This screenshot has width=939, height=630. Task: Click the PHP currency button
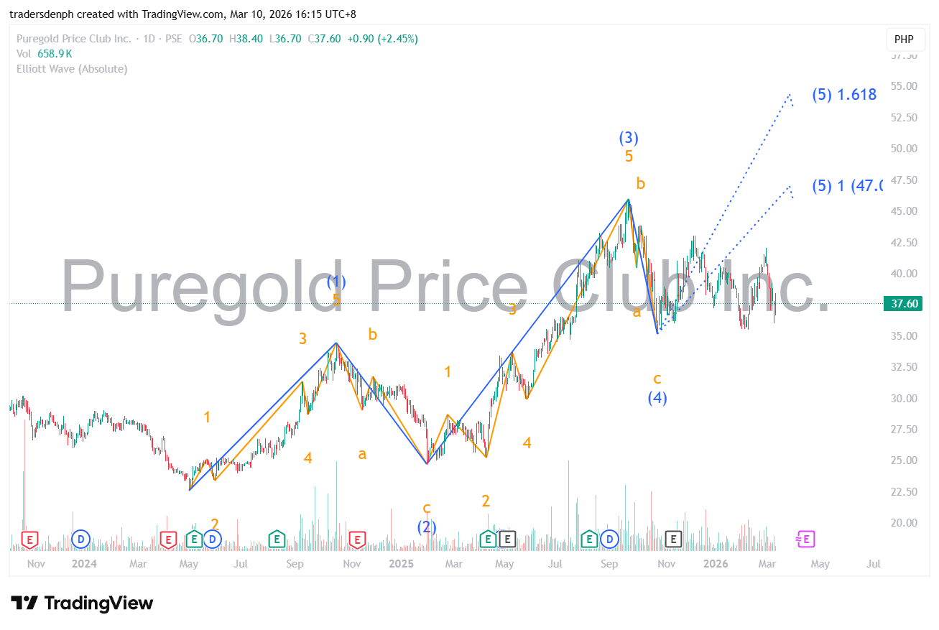tap(904, 39)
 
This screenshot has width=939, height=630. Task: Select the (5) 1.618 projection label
tap(844, 94)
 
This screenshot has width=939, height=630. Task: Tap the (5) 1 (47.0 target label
tap(846, 186)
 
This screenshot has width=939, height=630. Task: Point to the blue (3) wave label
tap(629, 138)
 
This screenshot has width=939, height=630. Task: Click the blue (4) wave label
tap(657, 397)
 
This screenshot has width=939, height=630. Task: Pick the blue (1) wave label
tap(336, 282)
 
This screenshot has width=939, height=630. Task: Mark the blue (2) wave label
tap(427, 527)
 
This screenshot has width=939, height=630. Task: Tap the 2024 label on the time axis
tap(84, 564)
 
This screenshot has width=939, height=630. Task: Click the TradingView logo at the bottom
tap(82, 603)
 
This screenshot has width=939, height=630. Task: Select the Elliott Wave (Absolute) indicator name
tap(72, 69)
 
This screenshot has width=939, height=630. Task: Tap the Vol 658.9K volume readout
tap(45, 54)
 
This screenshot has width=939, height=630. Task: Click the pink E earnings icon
tap(805, 539)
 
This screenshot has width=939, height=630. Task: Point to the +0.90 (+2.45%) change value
tap(382, 39)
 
